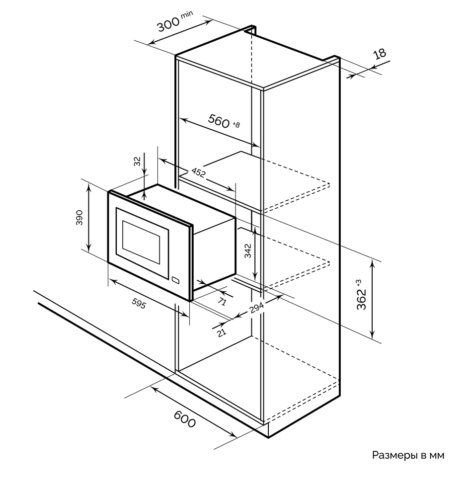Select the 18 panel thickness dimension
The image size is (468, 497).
[x=380, y=54]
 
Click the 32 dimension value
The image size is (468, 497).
[x=137, y=161]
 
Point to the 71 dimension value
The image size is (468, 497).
[x=222, y=301]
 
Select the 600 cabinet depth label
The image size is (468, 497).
[x=184, y=420]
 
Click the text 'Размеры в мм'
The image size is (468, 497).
[x=408, y=455]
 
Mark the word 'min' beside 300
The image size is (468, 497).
[x=187, y=15]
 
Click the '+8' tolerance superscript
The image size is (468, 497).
[x=236, y=124]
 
